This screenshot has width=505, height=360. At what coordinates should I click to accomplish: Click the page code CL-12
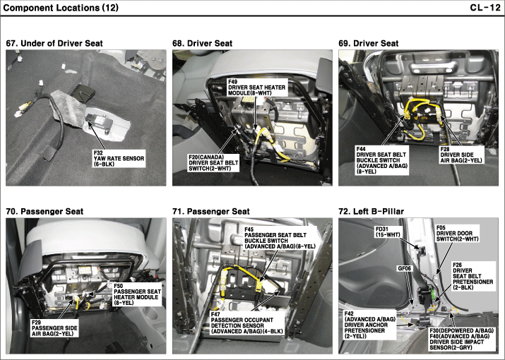coord(485,8)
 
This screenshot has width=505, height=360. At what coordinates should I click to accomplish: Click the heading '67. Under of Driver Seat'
coord(54,44)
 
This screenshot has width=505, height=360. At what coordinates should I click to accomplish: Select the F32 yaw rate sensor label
coord(119,158)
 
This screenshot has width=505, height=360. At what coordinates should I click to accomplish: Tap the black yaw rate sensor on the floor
coord(99,121)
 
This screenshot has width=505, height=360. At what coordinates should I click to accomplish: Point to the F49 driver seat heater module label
coord(256,88)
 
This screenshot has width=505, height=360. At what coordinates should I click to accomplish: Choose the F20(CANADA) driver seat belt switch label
coord(213,162)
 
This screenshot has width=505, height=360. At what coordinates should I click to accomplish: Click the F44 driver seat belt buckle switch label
coord(382,160)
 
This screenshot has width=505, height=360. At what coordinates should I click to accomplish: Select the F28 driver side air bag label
coord(461,155)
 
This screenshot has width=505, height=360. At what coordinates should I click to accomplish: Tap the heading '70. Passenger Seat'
coord(44,212)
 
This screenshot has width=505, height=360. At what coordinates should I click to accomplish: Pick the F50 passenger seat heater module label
coord(137,294)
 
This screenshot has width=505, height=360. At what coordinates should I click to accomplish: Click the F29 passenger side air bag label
coord(54,328)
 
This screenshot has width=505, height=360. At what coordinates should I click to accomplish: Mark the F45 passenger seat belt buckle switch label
coord(280,238)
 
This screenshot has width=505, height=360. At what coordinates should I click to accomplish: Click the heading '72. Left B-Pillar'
coord(372,212)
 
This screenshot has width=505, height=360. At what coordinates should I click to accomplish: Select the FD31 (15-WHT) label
coord(388,232)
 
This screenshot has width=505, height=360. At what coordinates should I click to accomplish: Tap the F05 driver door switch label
coord(458,234)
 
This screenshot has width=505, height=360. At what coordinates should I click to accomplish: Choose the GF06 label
coord(405,268)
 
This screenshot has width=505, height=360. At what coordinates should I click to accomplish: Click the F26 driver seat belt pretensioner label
coord(473,276)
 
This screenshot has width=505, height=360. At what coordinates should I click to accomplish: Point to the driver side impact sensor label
coord(461,339)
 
